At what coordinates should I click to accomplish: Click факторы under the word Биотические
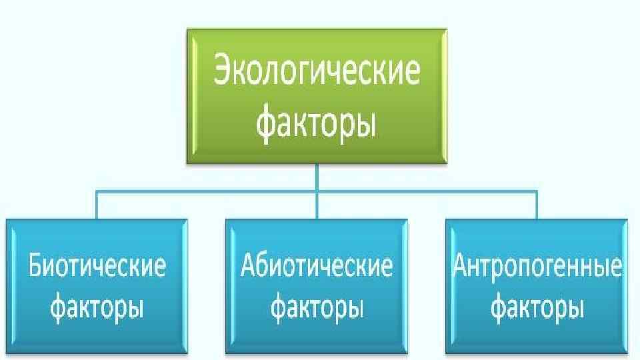pos(97,308)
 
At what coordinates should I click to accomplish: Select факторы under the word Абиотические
pos(317,308)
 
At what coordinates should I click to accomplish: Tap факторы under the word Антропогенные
pos(537,308)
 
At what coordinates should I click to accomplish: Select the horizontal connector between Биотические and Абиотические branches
pos(207,192)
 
